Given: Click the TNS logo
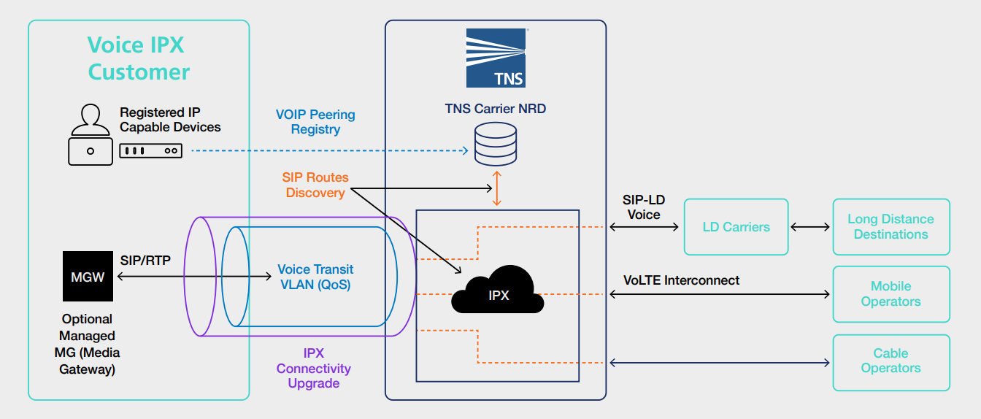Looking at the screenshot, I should coord(496,58).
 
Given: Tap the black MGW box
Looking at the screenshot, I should coord(88,277).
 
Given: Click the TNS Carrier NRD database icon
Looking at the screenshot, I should coord(495,145).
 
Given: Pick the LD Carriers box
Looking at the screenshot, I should coord(736,227).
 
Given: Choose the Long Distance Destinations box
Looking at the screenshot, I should coord(890,227).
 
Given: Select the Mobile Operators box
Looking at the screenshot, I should coord(890,294).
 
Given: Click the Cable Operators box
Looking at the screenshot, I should coord(890,361).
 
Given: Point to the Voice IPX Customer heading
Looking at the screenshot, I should coord(139,58).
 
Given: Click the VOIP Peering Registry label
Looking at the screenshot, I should coord(315,122).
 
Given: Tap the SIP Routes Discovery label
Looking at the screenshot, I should coord(315,185).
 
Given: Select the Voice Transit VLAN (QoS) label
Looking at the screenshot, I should coord(315,277).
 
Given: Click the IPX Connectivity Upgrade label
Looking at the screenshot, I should coord(313,368).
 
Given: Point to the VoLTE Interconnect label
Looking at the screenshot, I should coord(681,280).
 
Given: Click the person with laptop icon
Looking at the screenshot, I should coord(90,134).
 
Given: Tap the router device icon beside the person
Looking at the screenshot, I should coord(150,151).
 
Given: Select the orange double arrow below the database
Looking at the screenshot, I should coord(497,189).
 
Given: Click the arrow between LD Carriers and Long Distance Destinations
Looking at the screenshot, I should coord(810,227).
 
